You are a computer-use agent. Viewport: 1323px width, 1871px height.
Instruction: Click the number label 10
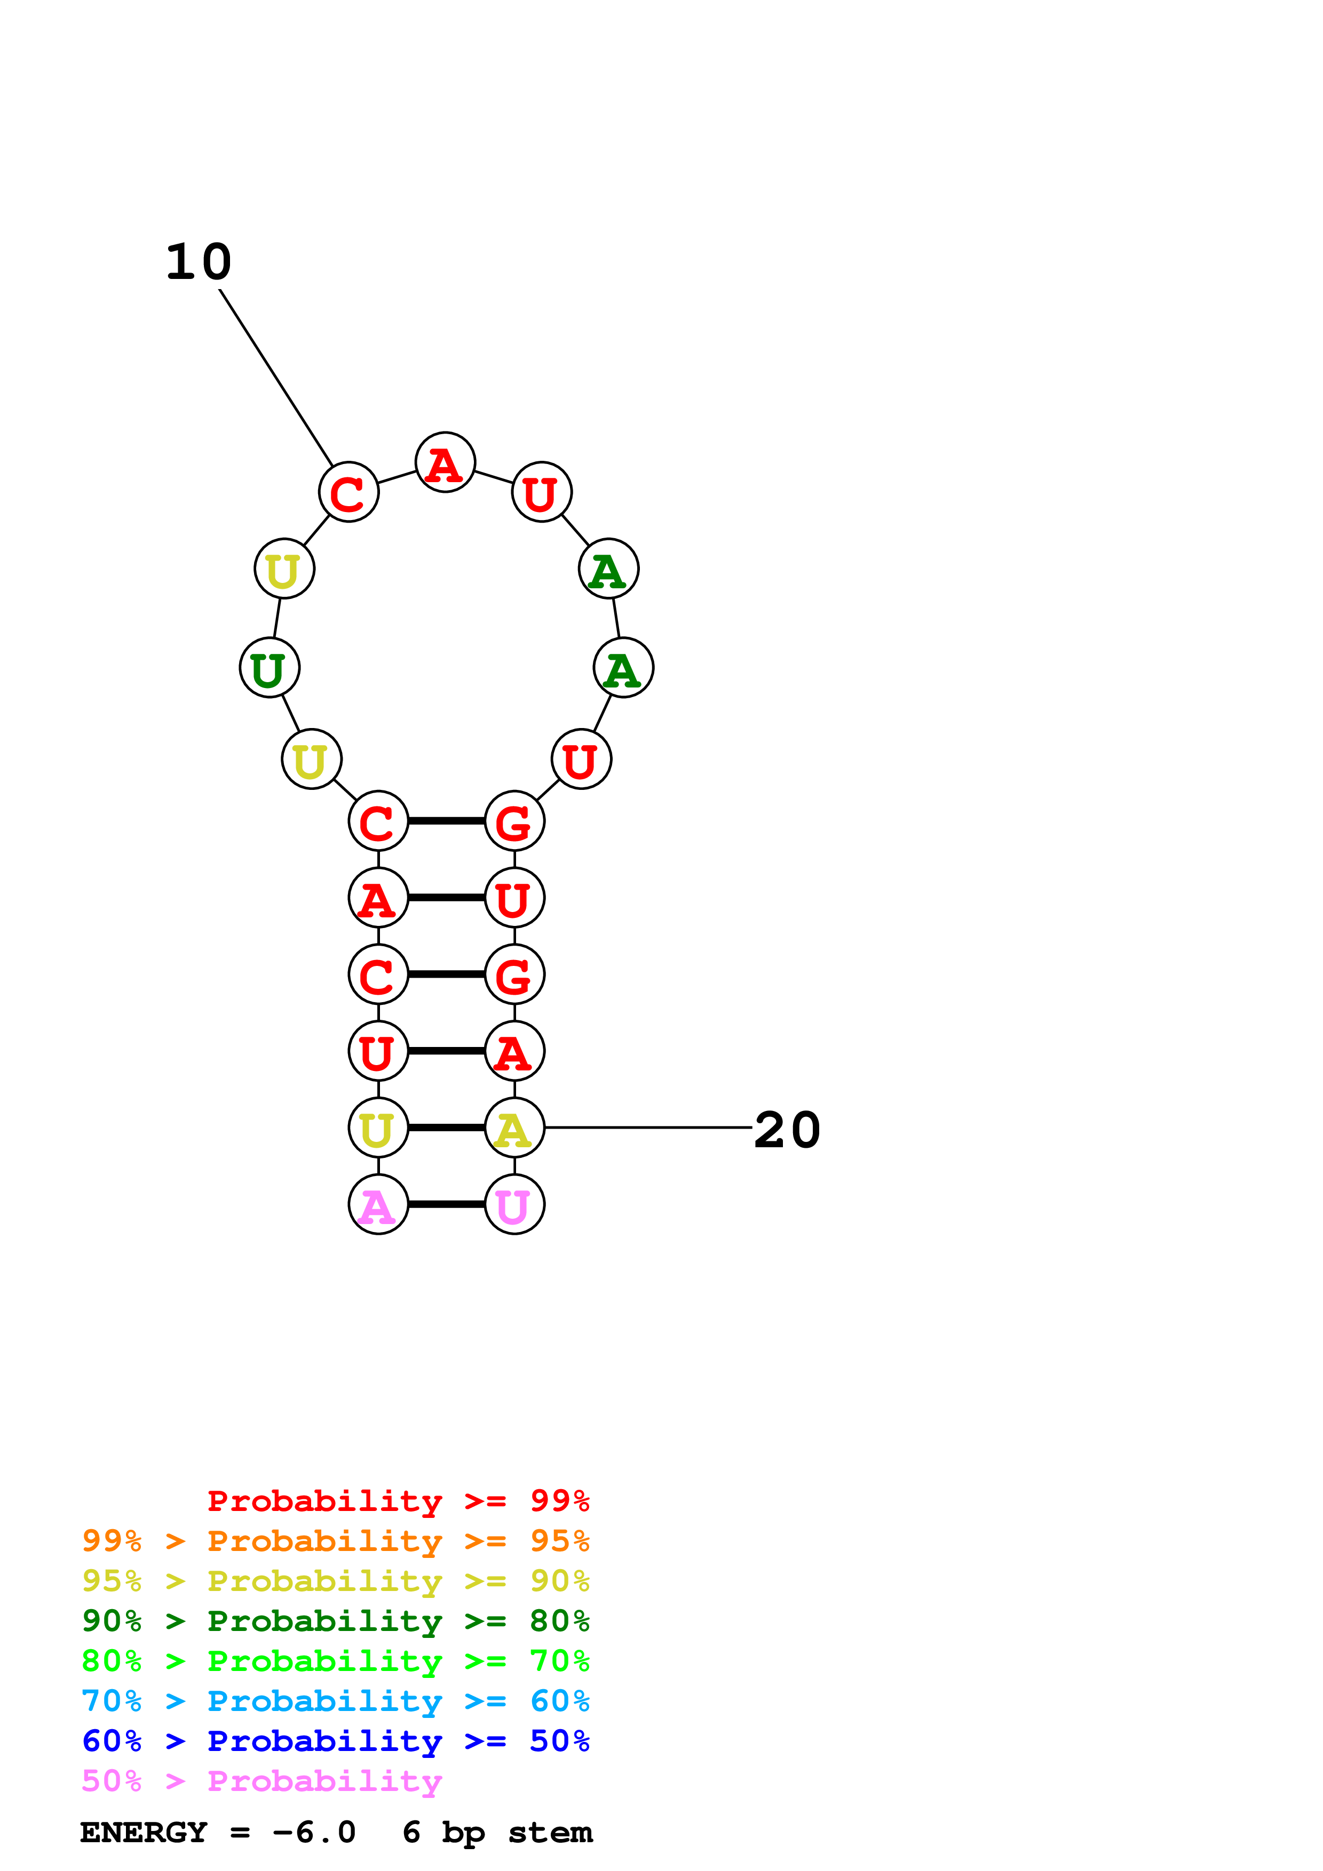pyautogui.click(x=199, y=262)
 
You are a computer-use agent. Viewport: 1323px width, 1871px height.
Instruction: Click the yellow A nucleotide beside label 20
pyautogui.click(x=514, y=1128)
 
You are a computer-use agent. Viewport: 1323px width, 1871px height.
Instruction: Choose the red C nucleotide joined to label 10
pyautogui.click(x=349, y=492)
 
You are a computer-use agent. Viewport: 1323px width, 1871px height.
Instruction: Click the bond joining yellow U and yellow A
pyautogui.click(x=447, y=1128)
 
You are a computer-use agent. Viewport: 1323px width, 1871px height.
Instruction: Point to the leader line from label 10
pyautogui.click(x=275, y=377)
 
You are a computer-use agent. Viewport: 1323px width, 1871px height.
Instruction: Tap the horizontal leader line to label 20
pyautogui.click(x=648, y=1128)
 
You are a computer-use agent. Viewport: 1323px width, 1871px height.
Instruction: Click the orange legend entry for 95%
pyautogui.click(x=336, y=1540)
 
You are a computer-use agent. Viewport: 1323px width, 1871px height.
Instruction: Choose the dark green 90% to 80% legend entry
pyautogui.click(x=336, y=1621)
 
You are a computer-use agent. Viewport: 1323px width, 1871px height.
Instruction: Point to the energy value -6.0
pyautogui.click(x=314, y=1833)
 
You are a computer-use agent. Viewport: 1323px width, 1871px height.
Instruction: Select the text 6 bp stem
pyautogui.click(x=497, y=1833)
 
